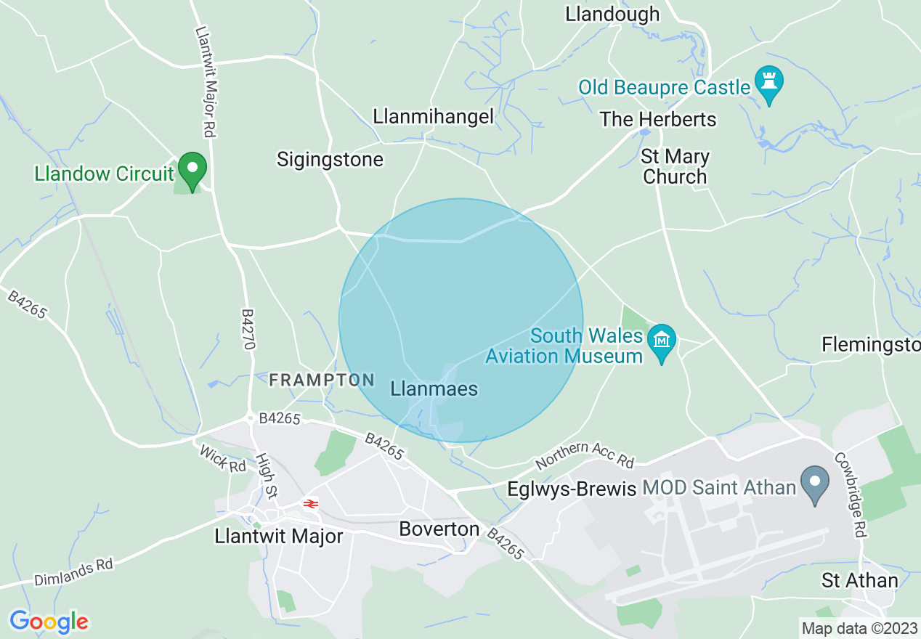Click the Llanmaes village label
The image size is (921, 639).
[434, 389]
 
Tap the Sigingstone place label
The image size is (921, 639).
[330, 160]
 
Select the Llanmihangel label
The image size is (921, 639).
[434, 116]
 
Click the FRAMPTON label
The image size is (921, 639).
[322, 380]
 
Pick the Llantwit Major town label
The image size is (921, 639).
[279, 536]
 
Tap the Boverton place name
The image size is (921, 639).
[439, 529]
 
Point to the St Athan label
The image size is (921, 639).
[860, 580]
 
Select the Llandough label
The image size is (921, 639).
[612, 14]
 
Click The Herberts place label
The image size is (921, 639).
[658, 119]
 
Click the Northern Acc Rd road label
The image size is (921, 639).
[585, 455]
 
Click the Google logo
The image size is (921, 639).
[49, 622]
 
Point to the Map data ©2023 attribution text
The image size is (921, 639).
[859, 627]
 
